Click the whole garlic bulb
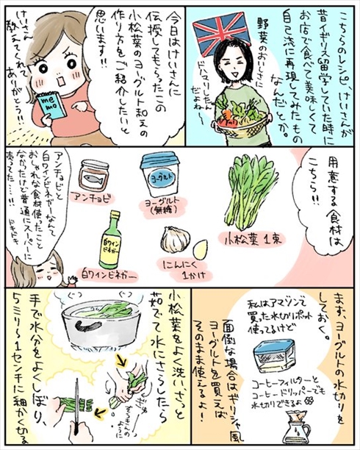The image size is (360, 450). (176, 239)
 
